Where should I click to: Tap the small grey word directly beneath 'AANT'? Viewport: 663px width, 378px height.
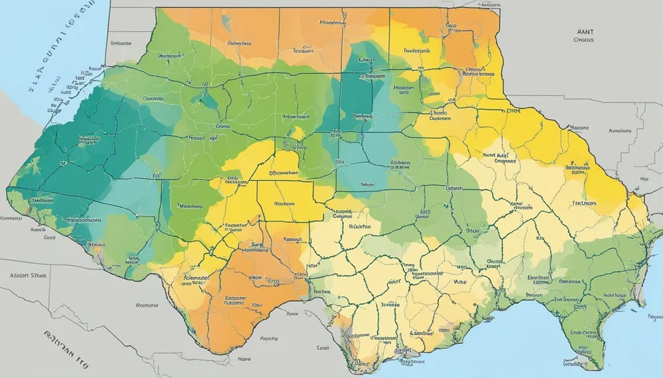click(x=583, y=40)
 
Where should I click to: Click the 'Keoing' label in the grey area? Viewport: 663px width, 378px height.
click(x=269, y=338)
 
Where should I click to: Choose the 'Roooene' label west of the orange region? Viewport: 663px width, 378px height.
click(x=147, y=306)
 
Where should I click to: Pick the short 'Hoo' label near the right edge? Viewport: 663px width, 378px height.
click(x=644, y=179)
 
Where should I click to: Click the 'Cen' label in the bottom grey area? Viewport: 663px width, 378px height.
click(x=323, y=347)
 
